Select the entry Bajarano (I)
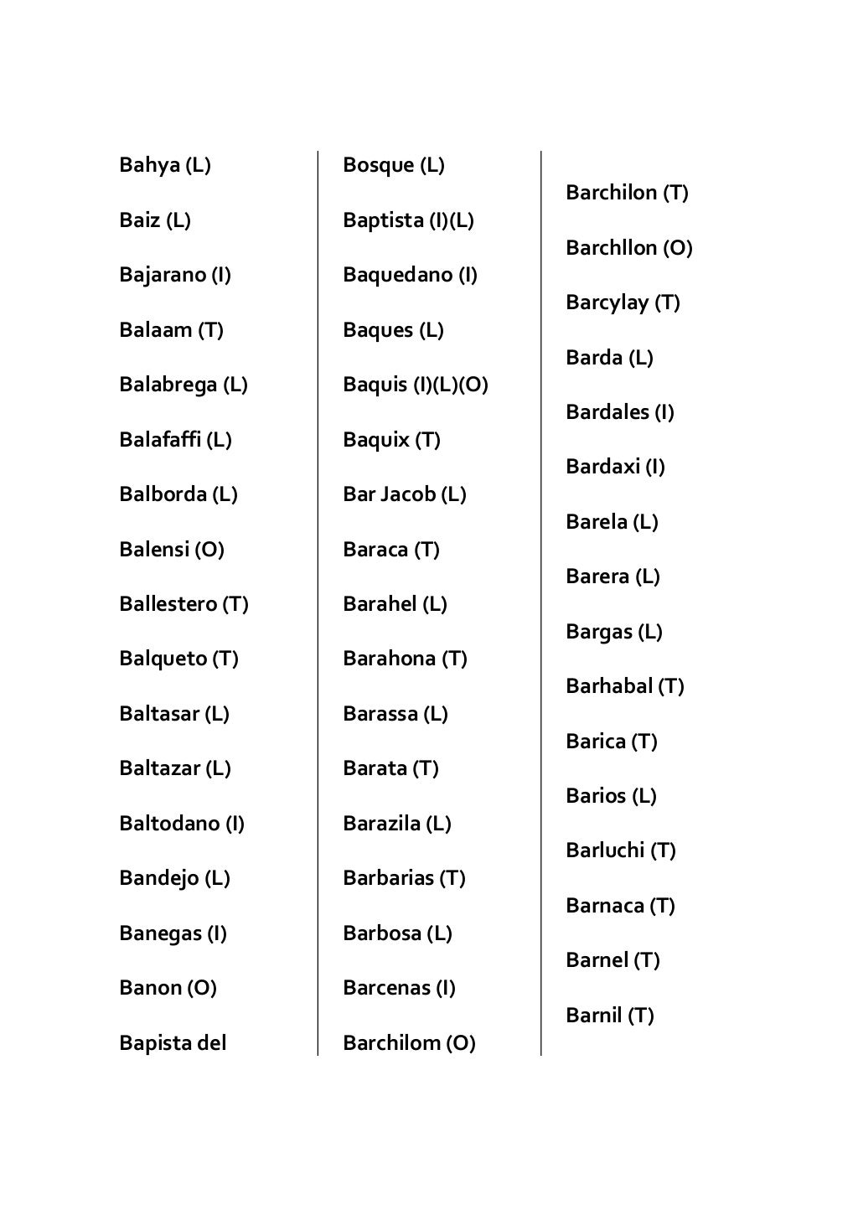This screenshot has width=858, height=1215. point(175,275)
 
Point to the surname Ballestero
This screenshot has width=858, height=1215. point(168,604)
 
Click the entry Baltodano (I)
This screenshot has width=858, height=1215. point(182,824)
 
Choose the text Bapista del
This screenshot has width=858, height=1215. point(173,1043)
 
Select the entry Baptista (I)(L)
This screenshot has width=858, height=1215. point(408,220)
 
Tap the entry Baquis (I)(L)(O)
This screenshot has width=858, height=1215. point(416,385)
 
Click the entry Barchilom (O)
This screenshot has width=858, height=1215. point(409,1043)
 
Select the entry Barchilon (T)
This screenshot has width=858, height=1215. point(627,193)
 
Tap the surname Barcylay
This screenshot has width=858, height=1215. point(607,302)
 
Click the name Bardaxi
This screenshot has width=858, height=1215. point(602,467)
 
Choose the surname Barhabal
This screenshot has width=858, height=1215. point(609,686)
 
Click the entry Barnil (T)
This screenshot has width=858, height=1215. point(610,1016)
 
